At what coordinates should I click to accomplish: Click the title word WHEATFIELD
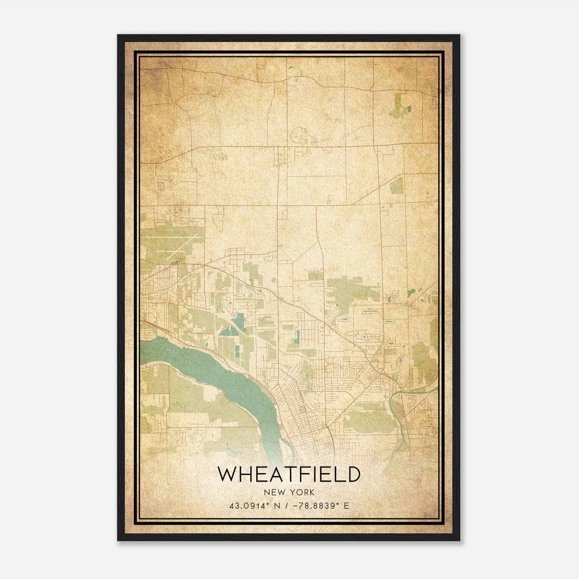coord(289,474)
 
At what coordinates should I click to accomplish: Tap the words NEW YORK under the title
coord(289,493)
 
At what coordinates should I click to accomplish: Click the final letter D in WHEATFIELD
coord(353,474)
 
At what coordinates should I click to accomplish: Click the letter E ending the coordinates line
coord(347,506)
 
